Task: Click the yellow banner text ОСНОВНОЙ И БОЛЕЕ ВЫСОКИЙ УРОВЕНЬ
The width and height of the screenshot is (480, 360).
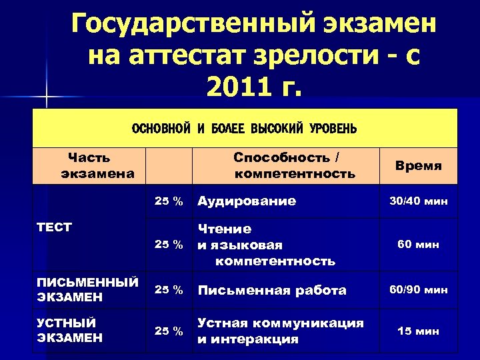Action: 245,128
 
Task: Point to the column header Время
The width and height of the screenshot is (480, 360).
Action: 418,165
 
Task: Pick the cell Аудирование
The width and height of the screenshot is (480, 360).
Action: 246,201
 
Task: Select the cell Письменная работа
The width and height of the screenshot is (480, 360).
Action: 272,290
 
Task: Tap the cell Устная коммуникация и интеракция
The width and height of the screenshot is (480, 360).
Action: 280,331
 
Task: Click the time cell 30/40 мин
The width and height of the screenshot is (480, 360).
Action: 418,201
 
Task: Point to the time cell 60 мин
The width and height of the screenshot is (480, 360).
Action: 418,245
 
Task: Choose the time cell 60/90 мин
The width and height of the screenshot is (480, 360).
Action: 418,290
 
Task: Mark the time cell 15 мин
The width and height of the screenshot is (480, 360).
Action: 418,330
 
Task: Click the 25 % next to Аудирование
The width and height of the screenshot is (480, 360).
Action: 169,201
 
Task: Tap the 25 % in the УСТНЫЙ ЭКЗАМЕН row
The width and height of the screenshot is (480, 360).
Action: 169,331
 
